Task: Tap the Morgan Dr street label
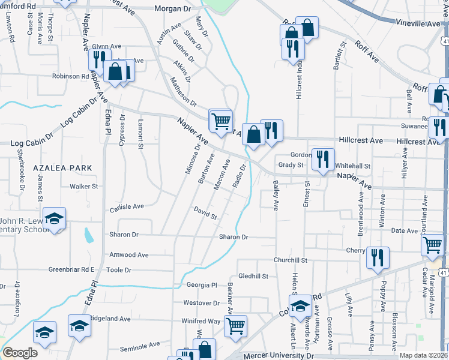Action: pos(172,9)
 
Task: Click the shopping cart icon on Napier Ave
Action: pos(221,121)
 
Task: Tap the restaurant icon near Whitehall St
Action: pos(323,159)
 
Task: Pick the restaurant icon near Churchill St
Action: pos(378,257)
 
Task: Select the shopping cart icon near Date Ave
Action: pos(433,245)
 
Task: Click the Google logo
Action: pos(20,352)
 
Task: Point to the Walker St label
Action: pos(83,187)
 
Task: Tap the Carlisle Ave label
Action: pos(127,207)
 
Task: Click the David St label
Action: pos(205,212)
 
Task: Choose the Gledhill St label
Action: pos(253,276)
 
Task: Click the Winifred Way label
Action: pos(202,322)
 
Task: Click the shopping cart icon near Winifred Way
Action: pos(235,326)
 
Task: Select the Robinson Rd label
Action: pos(70,77)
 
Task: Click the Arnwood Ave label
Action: pos(128,255)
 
